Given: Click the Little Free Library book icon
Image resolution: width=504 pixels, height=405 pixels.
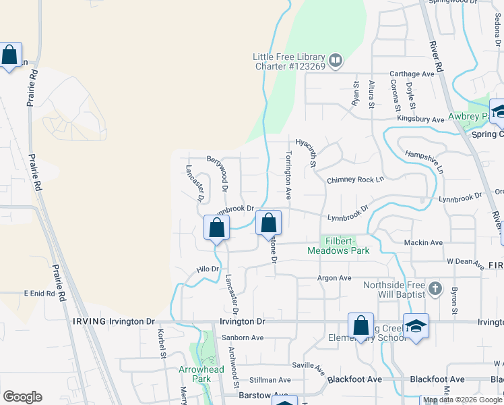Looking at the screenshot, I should click(336, 61).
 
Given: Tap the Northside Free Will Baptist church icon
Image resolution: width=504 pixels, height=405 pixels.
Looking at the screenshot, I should click(435, 289).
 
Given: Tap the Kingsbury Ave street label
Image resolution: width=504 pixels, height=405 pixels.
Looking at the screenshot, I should click(420, 119).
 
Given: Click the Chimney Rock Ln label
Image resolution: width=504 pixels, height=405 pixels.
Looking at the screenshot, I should click(355, 180).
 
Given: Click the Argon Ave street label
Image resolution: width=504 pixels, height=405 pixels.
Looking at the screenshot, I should click(335, 277).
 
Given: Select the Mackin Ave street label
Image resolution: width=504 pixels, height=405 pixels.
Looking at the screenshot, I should click(423, 242).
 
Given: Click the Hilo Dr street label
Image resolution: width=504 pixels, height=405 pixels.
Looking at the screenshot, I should click(208, 269).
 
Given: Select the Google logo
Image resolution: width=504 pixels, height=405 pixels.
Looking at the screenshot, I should click(22, 397).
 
